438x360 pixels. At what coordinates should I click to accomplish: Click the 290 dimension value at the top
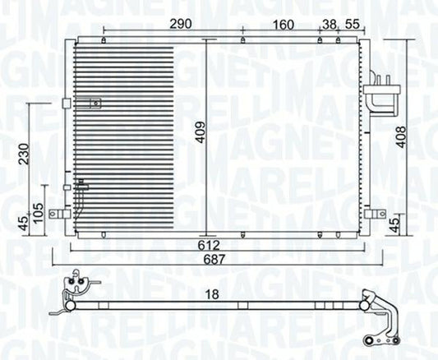(x=181, y=25)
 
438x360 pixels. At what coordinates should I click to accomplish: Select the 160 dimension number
(x=284, y=25)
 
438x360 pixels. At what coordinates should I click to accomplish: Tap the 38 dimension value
(x=329, y=25)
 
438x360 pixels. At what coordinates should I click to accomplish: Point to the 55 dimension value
(x=352, y=25)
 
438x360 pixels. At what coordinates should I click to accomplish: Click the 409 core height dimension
(x=200, y=132)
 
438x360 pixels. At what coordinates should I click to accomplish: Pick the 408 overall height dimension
(x=401, y=137)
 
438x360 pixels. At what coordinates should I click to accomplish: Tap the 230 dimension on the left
(x=24, y=154)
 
